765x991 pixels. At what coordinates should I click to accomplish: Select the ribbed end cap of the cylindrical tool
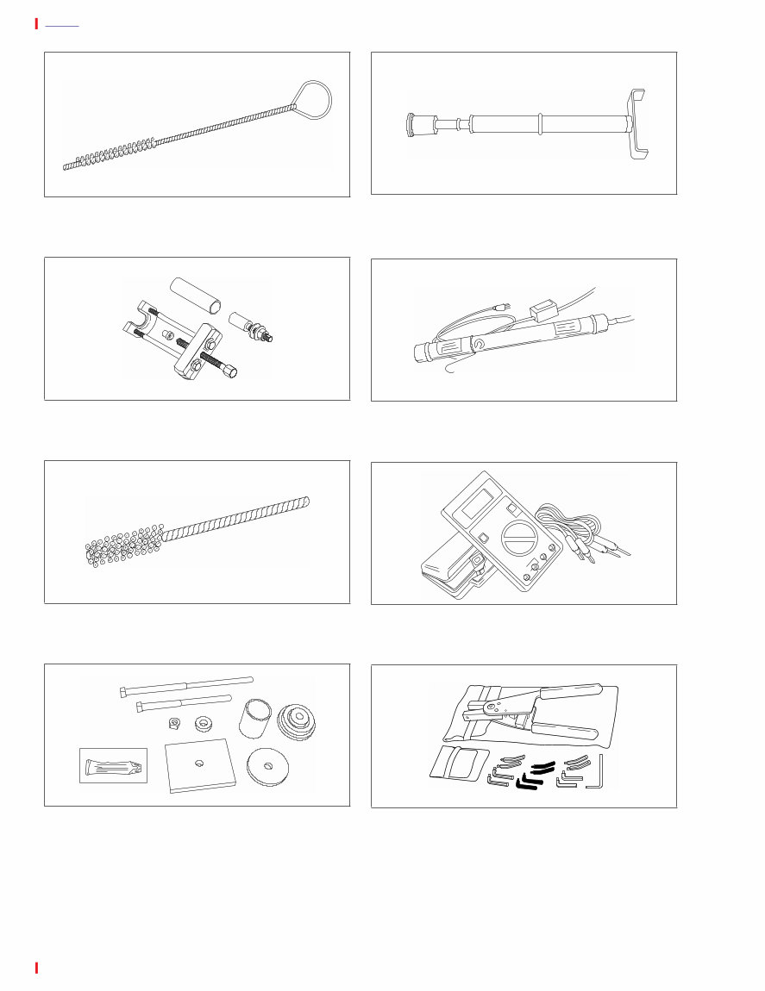pyautogui.click(x=414, y=127)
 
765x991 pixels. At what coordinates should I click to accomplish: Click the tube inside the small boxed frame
pyautogui.click(x=113, y=764)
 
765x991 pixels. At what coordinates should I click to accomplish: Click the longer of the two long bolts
pyautogui.click(x=185, y=686)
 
